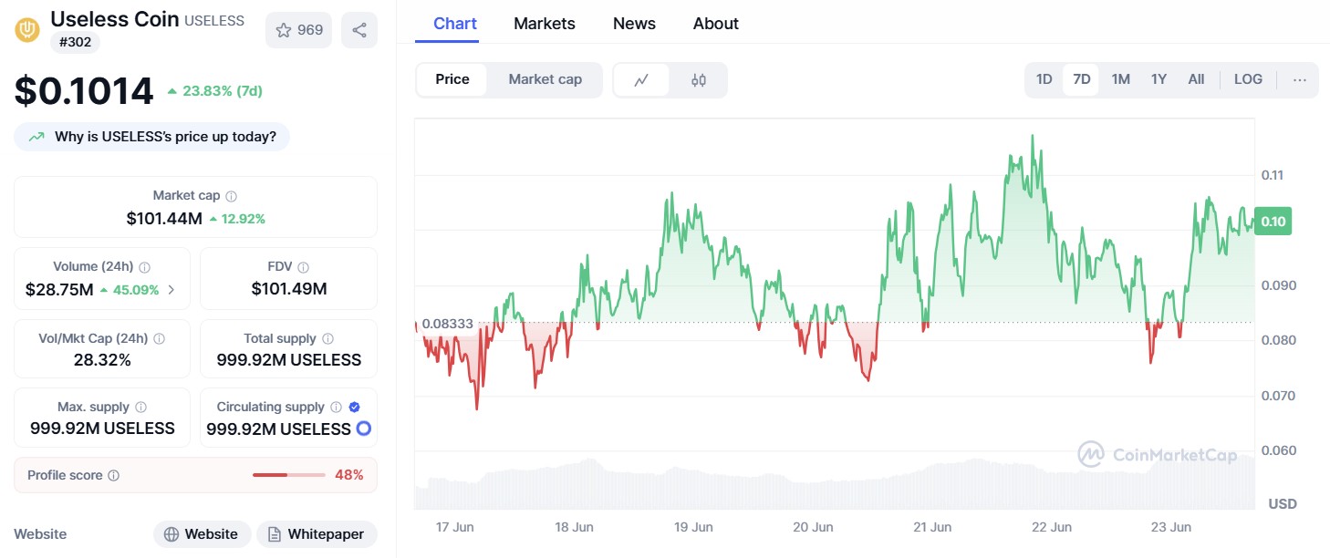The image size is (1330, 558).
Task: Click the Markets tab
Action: [x=545, y=24]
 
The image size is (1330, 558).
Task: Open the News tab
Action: [x=634, y=24]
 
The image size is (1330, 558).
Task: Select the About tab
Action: [x=715, y=24]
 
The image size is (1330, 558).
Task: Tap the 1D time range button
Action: [x=1044, y=79]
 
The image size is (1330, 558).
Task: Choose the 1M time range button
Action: [x=1120, y=79]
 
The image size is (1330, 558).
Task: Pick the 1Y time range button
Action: [x=1159, y=79]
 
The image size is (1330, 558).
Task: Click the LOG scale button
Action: [x=1248, y=79]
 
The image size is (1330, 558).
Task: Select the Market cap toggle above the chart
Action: [x=545, y=79]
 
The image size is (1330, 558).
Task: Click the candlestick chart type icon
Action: [x=699, y=80]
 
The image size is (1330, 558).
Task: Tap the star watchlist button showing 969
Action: [x=299, y=30]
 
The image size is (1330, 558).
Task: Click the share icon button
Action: [x=359, y=30]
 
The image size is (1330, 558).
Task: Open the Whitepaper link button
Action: [x=317, y=534]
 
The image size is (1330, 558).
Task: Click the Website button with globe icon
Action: [x=202, y=534]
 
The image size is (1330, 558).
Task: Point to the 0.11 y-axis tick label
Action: [x=1273, y=175]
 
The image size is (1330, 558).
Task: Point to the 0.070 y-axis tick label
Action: [x=1277, y=396]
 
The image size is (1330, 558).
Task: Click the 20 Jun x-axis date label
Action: [x=813, y=527]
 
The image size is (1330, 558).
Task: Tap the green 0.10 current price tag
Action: [x=1273, y=222]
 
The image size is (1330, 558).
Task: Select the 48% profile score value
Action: [x=349, y=475]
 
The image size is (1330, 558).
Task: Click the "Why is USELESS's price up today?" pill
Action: [x=152, y=137]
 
